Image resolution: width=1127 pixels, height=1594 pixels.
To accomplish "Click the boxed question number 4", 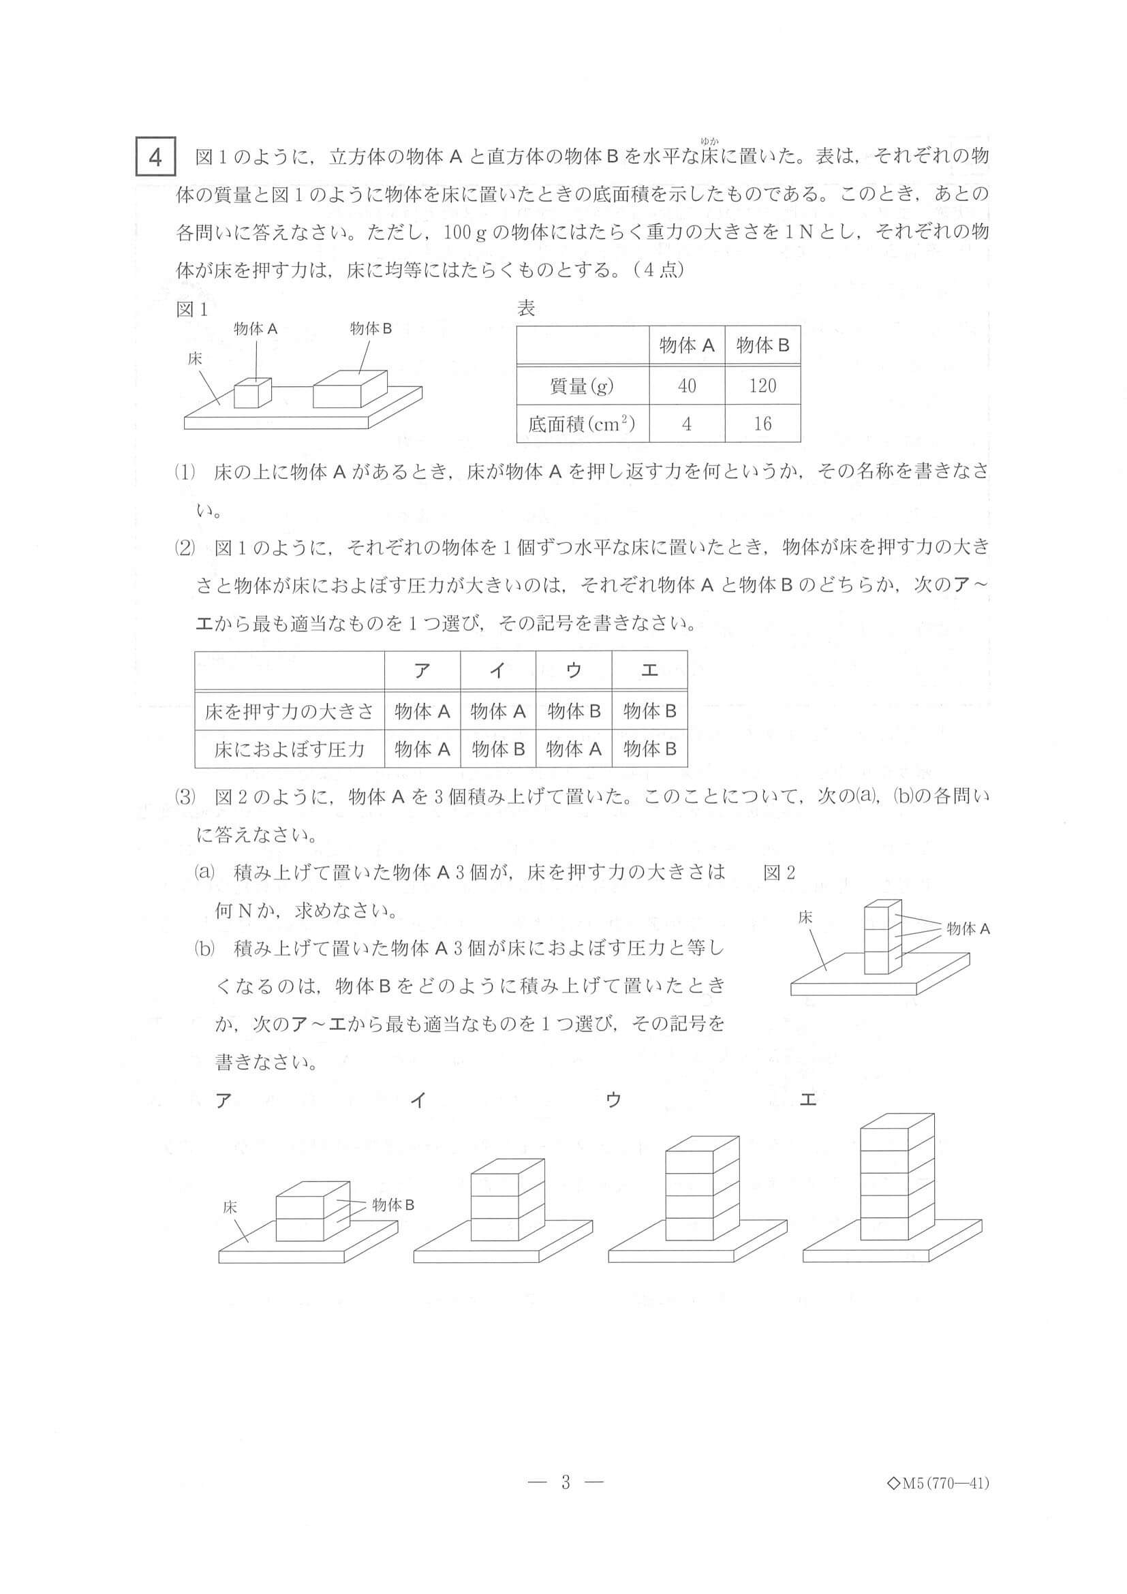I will [x=155, y=158].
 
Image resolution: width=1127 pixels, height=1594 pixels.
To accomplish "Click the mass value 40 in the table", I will [x=686, y=386].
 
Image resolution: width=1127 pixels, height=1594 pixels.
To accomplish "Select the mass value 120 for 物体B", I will [x=762, y=386].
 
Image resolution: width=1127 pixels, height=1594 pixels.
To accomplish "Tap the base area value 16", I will [x=762, y=424].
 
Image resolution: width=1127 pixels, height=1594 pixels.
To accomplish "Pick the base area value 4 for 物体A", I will [x=686, y=424].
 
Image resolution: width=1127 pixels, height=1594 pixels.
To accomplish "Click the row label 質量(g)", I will [x=582, y=386].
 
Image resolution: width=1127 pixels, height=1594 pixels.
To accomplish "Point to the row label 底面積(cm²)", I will [x=582, y=424].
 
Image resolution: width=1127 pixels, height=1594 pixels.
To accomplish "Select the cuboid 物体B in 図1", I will [x=350, y=391].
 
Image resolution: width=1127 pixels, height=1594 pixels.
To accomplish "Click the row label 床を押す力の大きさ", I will [x=289, y=711].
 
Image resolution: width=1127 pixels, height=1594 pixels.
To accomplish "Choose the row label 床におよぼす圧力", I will [x=289, y=749].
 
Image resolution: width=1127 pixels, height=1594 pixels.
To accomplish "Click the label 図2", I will [x=778, y=873].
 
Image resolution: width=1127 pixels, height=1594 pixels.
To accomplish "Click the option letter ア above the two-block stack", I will [x=223, y=1100].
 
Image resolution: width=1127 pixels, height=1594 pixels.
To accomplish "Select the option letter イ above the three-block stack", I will [x=417, y=1100].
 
